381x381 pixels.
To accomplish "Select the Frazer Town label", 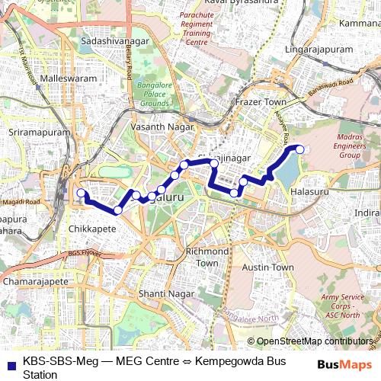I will point(260,101).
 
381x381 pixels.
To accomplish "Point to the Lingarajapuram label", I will point(319,50).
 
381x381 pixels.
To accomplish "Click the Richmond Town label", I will point(208,257).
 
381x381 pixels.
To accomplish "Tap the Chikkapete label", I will point(91,228).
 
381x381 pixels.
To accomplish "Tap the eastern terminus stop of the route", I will point(299,149).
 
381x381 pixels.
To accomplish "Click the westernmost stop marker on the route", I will point(81,194).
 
